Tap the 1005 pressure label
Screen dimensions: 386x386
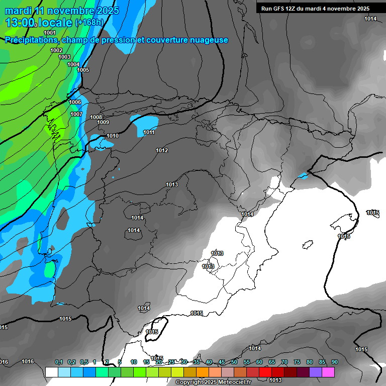point(83,70)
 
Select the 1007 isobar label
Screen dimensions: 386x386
point(76,114)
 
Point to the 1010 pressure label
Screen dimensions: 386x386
point(113,136)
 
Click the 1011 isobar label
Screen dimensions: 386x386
point(149,132)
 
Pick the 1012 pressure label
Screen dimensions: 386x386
point(162,150)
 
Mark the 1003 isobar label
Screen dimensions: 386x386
point(64,57)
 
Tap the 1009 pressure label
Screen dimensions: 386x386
point(103,122)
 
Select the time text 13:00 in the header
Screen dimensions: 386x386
point(20,23)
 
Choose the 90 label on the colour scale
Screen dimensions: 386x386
point(335,362)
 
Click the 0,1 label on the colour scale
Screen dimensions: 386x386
point(59,362)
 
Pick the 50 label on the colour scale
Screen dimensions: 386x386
point(234,362)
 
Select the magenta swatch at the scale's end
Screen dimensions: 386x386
point(328,372)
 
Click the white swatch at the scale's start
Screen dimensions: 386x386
point(52,372)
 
